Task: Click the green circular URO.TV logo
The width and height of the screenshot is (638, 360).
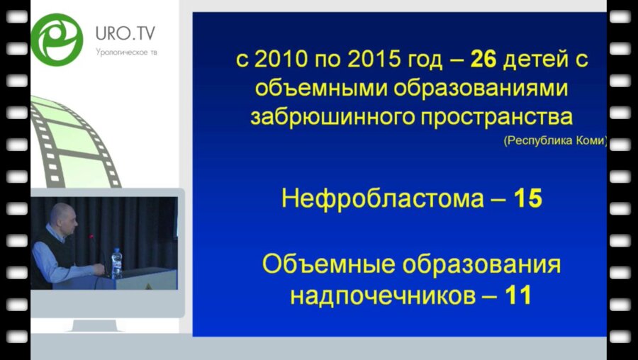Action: coord(57,38)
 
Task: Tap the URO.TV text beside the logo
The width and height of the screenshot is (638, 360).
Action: coord(125,33)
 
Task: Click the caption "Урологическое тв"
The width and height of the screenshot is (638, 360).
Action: coord(125,52)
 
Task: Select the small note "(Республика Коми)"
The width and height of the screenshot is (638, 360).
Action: coord(556,141)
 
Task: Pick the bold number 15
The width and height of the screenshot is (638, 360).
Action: coord(527,199)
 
